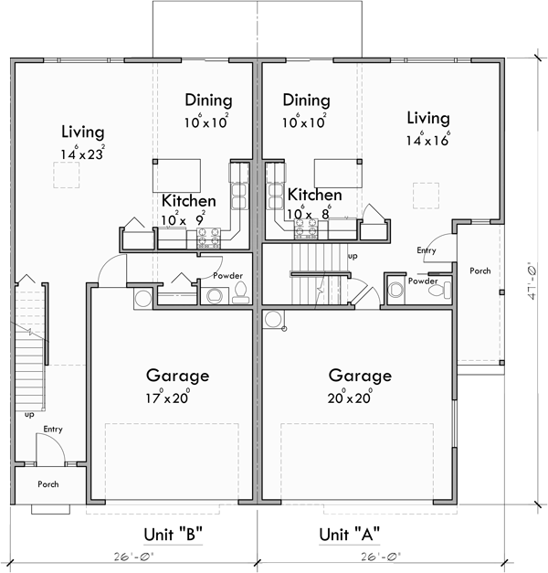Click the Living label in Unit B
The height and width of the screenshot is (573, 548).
pos(82,132)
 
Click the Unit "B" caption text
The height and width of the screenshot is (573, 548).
pos(172,535)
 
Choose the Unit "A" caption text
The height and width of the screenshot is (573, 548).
pos(349,535)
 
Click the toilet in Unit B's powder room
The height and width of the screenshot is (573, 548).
pos(240,292)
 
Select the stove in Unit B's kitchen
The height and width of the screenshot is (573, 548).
pos(206,239)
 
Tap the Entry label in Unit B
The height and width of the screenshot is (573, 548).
pos(53,428)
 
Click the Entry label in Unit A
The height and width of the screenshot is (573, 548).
pos(426,250)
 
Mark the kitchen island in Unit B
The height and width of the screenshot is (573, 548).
pos(176,172)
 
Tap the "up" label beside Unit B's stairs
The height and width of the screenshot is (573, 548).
pos(29,413)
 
